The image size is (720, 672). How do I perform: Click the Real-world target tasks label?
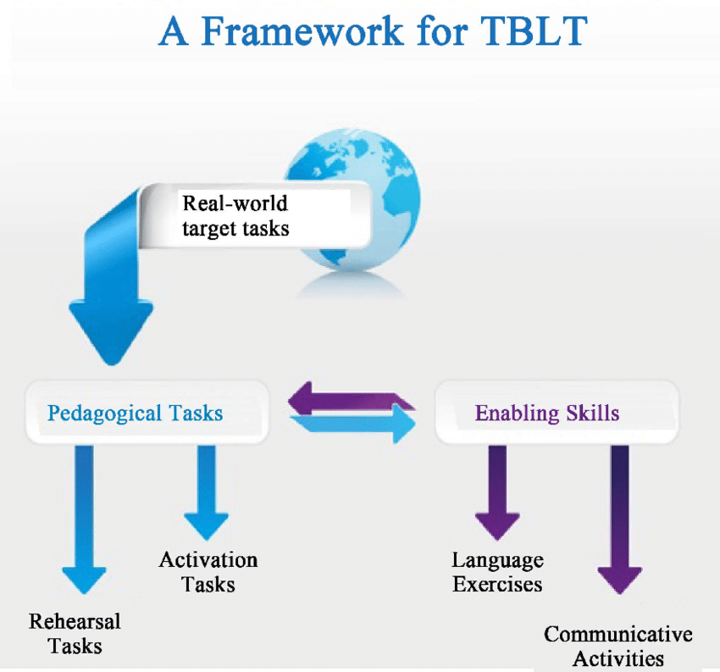(x=235, y=216)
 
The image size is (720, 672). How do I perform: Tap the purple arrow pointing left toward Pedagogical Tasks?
(x=352, y=398)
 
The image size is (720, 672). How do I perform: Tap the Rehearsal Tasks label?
(x=75, y=633)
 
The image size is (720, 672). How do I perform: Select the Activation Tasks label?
(x=208, y=572)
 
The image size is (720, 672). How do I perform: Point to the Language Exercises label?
(x=497, y=572)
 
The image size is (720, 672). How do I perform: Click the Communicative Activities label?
(x=618, y=646)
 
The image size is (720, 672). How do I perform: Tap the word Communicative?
(x=618, y=634)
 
